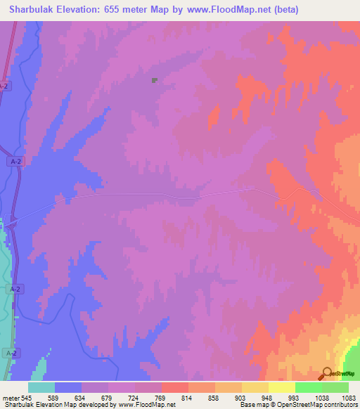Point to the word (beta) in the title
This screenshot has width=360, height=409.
tap(283, 10)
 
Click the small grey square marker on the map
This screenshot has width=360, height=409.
tap(154, 81)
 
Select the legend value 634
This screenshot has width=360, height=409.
tap(88, 397)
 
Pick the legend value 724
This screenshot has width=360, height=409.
tap(141, 397)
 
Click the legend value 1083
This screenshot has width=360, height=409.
tap(350, 397)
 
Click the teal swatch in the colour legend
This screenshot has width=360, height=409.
tap(41, 387)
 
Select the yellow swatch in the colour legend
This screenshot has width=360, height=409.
tap(281, 387)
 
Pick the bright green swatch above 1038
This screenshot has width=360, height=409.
tap(308, 387)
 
